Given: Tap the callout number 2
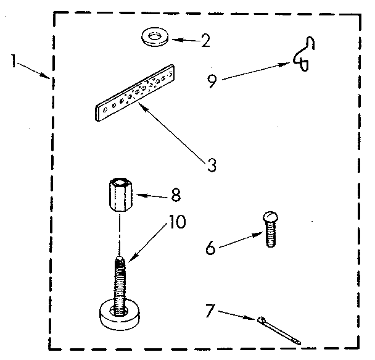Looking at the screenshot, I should tap(205, 41).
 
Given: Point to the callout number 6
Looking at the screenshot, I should tap(210, 249).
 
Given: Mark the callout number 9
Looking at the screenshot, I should tap(212, 82).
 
